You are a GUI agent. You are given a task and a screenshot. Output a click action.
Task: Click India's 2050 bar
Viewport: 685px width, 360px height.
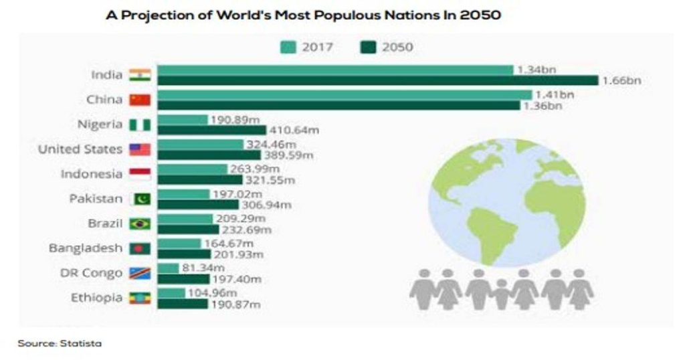[x=377, y=81]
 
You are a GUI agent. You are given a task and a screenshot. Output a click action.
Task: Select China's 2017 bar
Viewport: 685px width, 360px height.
[x=345, y=95]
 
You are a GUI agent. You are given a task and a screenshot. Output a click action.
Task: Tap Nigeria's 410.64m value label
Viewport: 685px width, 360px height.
[x=293, y=130]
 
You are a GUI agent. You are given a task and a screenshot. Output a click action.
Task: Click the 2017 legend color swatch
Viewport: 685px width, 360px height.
[x=288, y=47]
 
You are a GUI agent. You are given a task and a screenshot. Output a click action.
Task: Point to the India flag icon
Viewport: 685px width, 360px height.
[x=140, y=75]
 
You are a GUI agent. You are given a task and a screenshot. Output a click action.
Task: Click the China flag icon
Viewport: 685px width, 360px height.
[x=140, y=100]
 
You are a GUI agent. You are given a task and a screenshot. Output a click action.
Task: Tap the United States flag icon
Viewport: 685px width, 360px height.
[x=140, y=149]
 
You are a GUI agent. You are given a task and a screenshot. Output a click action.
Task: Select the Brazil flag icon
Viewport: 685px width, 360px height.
[x=140, y=223]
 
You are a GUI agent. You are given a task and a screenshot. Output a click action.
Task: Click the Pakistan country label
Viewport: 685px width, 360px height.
[x=96, y=199]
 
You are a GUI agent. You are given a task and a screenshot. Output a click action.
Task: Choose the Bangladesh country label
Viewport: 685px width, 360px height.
[x=86, y=248]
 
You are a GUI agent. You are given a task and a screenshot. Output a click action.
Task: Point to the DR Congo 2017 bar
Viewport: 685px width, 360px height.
[x=168, y=268]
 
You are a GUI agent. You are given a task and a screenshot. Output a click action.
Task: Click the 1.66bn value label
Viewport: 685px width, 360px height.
[x=622, y=81]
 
